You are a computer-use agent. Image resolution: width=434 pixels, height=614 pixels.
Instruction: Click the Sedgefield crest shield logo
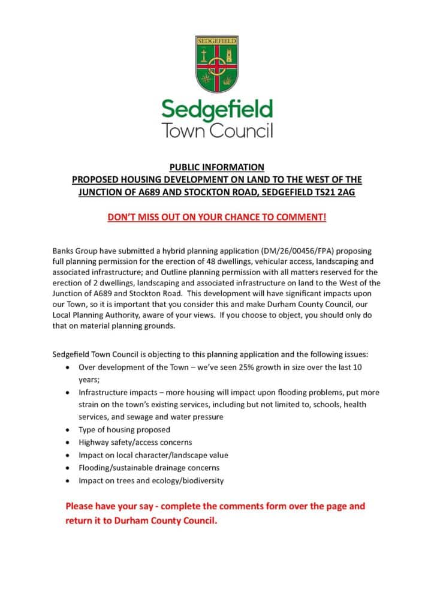[217, 64]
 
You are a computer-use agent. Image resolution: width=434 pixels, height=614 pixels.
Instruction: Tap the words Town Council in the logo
[217, 130]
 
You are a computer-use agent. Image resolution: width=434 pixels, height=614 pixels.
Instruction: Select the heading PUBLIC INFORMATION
[217, 167]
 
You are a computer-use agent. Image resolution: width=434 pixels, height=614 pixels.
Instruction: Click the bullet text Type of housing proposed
[124, 429]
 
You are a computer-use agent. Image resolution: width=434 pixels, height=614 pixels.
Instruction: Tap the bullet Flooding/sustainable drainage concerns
[149, 468]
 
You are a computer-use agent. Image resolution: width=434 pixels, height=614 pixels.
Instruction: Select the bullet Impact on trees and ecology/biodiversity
[151, 480]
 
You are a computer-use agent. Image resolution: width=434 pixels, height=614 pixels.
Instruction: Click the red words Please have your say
[110, 506]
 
